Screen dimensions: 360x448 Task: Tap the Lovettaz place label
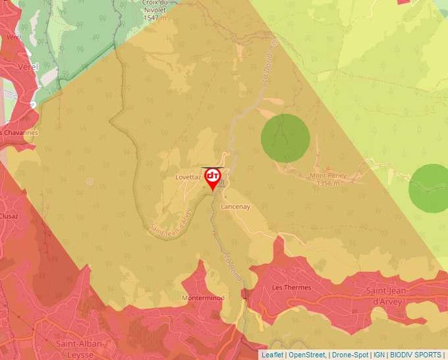tap(188, 178)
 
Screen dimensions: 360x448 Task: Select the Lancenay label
tap(235, 206)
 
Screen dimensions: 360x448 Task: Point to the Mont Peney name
tap(327, 176)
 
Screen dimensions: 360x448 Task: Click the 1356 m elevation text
tap(328, 183)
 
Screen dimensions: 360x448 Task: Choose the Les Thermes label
tap(291, 288)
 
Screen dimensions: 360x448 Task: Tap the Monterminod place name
tap(202, 297)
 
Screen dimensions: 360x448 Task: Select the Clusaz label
tap(9, 215)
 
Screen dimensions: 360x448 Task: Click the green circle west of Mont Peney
tap(285, 138)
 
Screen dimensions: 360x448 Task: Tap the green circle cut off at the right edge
tap(430, 188)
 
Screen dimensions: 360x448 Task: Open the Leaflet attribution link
tap(272, 355)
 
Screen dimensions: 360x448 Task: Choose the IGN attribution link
tap(379, 355)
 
